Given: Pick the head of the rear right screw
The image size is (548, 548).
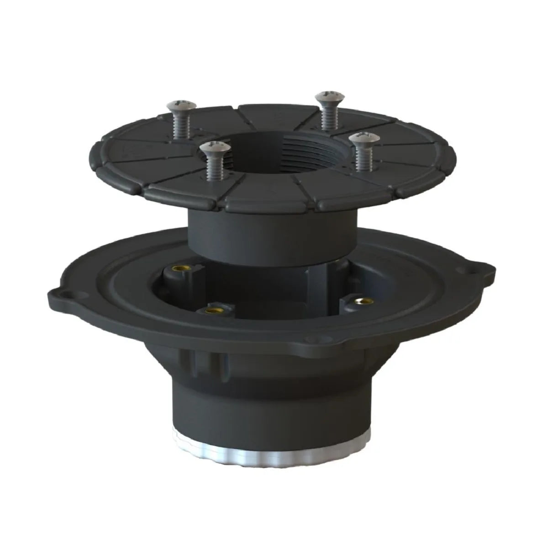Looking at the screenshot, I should pyautogui.click(x=327, y=96).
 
